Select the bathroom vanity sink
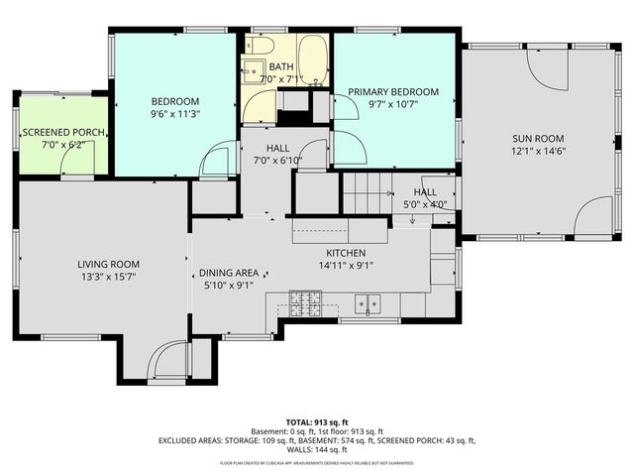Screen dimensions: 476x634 pyautogui.click(x=252, y=70)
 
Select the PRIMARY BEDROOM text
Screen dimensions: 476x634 pyautogui.click(x=392, y=92)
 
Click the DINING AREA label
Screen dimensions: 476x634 pyautogui.click(x=229, y=273)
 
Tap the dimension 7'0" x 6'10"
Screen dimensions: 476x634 pyautogui.click(x=263, y=160)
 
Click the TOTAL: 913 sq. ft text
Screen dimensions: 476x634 pyautogui.click(x=316, y=421)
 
